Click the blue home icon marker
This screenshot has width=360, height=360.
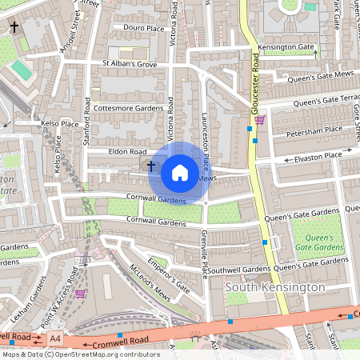pyautogui.click(x=180, y=172)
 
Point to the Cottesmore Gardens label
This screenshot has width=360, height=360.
pyautogui.click(x=127, y=107)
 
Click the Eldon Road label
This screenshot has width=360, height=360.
pyautogui.click(x=127, y=150)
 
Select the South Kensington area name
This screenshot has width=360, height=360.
pyautogui.click(x=275, y=286)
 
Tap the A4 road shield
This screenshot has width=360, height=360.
pyautogui.click(x=54, y=338)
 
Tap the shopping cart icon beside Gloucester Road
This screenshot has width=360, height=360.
pyautogui.click(x=259, y=121)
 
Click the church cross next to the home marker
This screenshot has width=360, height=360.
pyautogui.click(x=150, y=165)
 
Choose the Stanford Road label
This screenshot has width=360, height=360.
pyautogui.click(x=86, y=118)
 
